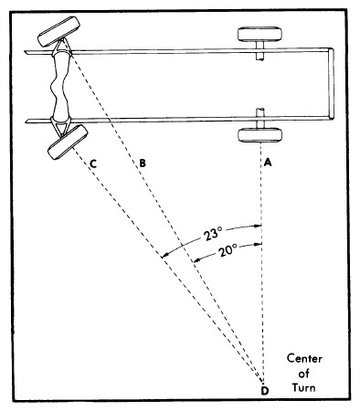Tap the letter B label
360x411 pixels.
pyautogui.click(x=143, y=163)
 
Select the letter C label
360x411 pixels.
pyautogui.click(x=93, y=163)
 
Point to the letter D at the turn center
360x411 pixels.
pyautogui.click(x=265, y=391)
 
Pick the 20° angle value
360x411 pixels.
pyautogui.click(x=228, y=250)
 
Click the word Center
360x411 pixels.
pyautogui.click(x=304, y=358)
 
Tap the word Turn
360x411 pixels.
pyautogui.click(x=303, y=387)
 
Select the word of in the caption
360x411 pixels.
pyautogui.click(x=303, y=373)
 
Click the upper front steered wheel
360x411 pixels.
pyautogui.click(x=58, y=31)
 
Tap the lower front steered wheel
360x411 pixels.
pyautogui.click(x=68, y=142)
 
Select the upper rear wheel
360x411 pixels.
pyautogui.click(x=259, y=34)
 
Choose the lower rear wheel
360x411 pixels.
pyautogui.click(x=259, y=135)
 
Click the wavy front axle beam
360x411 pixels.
pyautogui.click(x=61, y=86)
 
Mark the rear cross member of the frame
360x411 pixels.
pyautogui.click(x=331, y=83)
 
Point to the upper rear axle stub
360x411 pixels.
pyautogui.click(x=259, y=51)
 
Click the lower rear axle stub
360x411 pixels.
pyautogui.click(x=259, y=119)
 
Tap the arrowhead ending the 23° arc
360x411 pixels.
pyautogui.click(x=164, y=256)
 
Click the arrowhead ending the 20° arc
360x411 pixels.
pyautogui.click(x=196, y=260)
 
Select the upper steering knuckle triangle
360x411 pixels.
pyautogui.click(x=62, y=47)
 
